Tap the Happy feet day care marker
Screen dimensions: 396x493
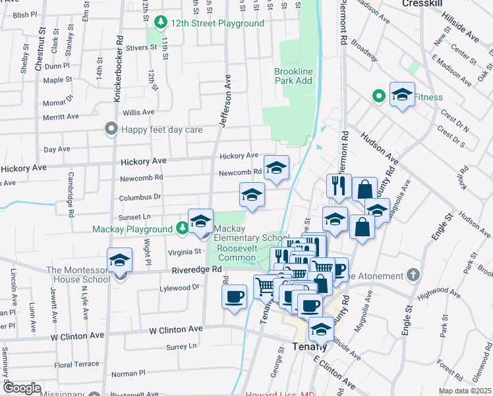point(111,129)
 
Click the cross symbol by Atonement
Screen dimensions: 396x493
point(413,274)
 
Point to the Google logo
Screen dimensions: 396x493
point(22,388)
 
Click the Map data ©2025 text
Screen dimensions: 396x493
point(465,391)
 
